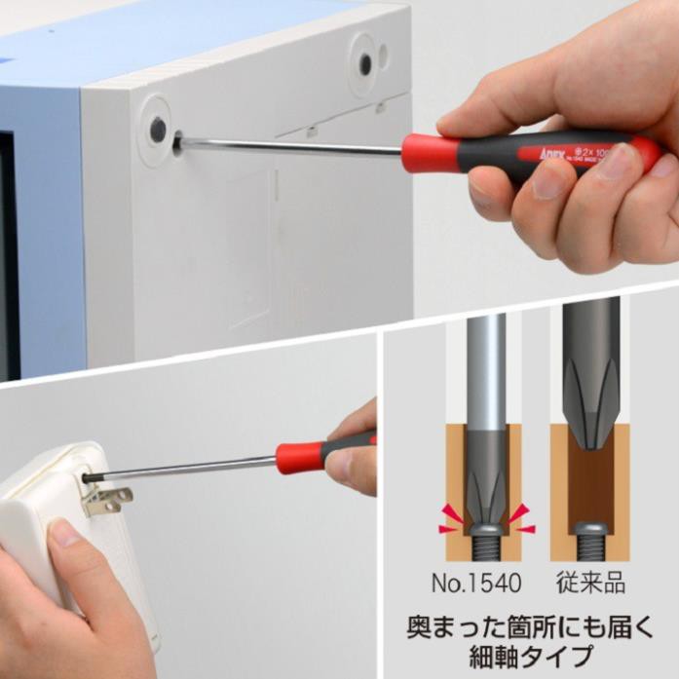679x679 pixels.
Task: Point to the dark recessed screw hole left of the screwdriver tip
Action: pyautogui.click(x=157, y=127)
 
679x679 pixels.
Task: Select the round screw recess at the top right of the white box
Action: pyautogui.click(x=365, y=64)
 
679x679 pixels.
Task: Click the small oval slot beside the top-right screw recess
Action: pyautogui.click(x=386, y=57)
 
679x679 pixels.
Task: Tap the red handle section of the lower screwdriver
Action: pyautogui.click(x=297, y=457)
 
